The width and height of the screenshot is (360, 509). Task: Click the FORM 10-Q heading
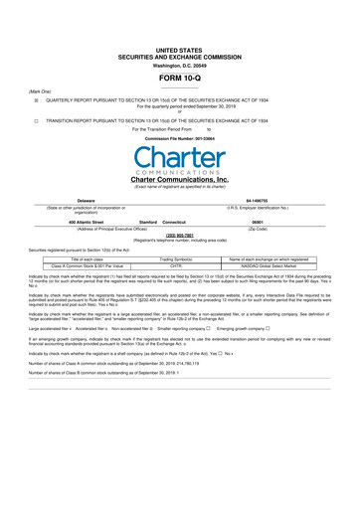point(179,78)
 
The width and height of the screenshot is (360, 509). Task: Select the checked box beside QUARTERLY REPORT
point(35,100)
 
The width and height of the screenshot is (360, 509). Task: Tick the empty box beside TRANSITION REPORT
point(35,120)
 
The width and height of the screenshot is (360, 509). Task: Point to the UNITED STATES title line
point(179,48)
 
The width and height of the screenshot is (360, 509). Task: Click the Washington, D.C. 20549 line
point(179,65)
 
